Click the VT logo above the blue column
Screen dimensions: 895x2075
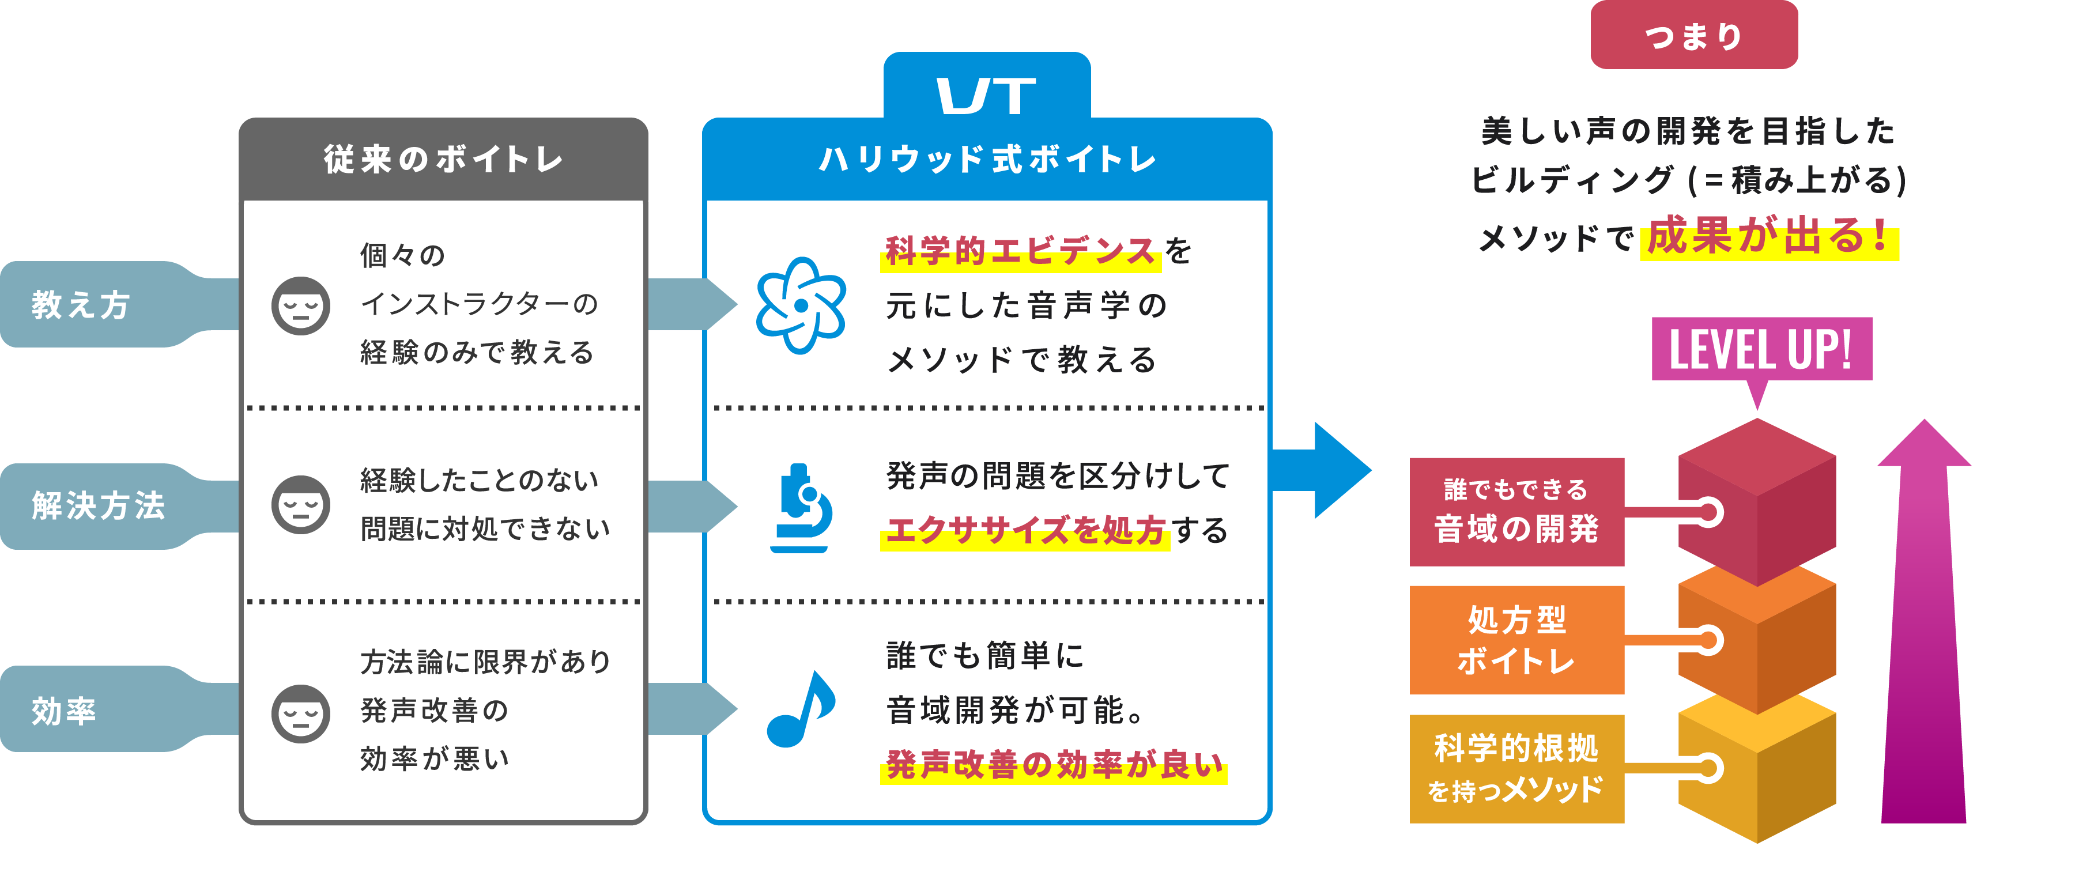pos(986,96)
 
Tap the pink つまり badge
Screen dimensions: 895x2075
pos(1693,36)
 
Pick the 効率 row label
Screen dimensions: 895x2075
pos(65,709)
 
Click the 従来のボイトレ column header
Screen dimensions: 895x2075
pos(443,160)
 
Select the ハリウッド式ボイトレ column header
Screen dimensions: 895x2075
pos(987,160)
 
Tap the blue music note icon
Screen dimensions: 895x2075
pos(801,709)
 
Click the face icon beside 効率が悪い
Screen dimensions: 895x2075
pos(300,713)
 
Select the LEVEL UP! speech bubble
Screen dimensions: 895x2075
pos(1761,350)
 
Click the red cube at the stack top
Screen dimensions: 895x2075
pos(1757,500)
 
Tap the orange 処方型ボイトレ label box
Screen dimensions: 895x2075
pos(1516,640)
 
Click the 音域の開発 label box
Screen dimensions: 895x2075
pos(1516,512)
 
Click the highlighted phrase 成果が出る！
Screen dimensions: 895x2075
pos(1769,237)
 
